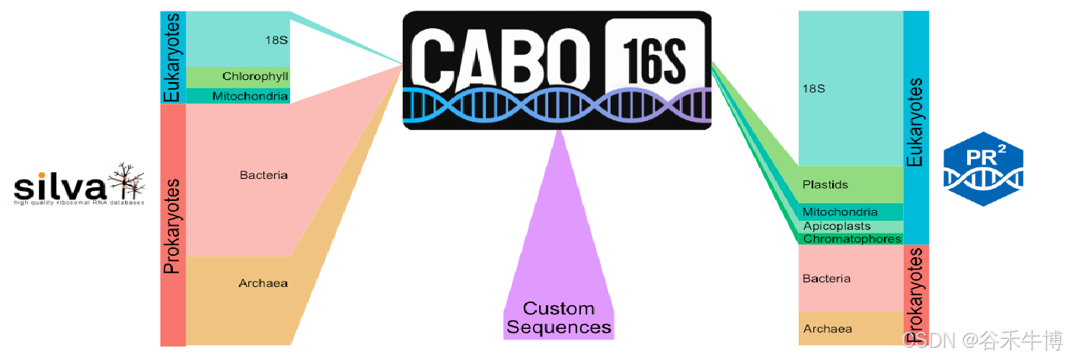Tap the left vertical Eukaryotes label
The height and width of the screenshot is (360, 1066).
pyautogui.click(x=173, y=56)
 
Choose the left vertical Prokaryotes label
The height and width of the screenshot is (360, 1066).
pyautogui.click(x=173, y=225)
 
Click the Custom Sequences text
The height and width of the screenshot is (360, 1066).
pyautogui.click(x=560, y=318)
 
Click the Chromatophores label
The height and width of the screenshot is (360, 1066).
pyautogui.click(x=852, y=239)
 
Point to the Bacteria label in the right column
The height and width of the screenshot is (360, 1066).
pyautogui.click(x=826, y=279)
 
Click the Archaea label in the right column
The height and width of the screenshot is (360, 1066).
pyautogui.click(x=827, y=329)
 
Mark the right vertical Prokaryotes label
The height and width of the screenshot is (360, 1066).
pyautogui.click(x=916, y=294)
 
